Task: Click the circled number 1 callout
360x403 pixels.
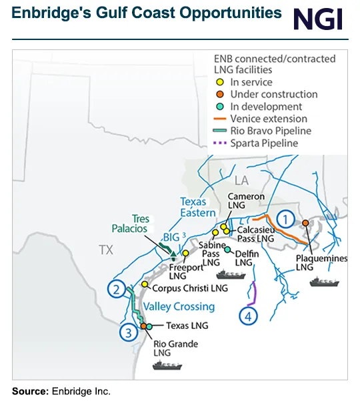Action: click(285, 218)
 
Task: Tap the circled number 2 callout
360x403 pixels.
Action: click(117, 290)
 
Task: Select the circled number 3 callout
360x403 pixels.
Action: click(127, 332)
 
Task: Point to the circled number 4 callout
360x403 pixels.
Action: click(248, 316)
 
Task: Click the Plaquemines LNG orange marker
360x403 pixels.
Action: click(305, 223)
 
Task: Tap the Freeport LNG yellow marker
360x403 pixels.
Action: click(185, 254)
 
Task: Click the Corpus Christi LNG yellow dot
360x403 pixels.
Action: click(145, 285)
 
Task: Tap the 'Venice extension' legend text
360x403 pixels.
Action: click(269, 119)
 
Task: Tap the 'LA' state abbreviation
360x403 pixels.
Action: click(241, 180)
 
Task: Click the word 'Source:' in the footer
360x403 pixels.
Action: click(30, 391)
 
